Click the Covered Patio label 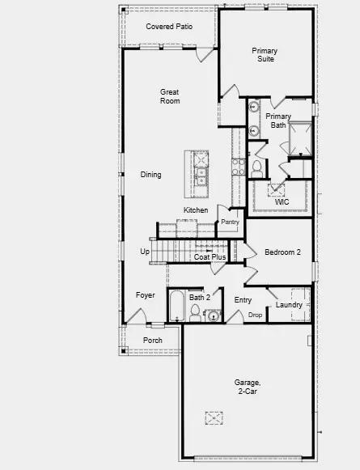(x=168, y=27)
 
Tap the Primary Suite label (x=264, y=54)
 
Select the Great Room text (x=169, y=96)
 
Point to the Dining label (x=150, y=175)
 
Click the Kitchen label (x=196, y=210)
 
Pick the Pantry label (x=230, y=222)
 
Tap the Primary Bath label (x=278, y=121)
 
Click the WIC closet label (x=282, y=201)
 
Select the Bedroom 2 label (x=282, y=252)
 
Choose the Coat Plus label (x=210, y=257)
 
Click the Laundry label (x=289, y=305)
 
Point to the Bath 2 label (x=200, y=298)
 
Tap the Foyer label (x=145, y=295)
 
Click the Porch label (x=152, y=341)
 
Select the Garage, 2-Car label (x=248, y=387)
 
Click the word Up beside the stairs (x=145, y=252)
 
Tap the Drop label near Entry (x=255, y=315)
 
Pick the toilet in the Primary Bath (x=257, y=167)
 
